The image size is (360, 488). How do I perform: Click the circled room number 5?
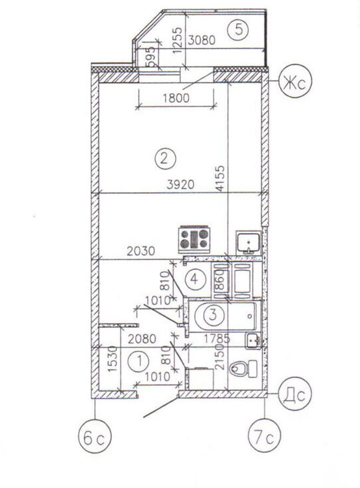[x=238, y=29]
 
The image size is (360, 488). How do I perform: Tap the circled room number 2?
[x=164, y=158]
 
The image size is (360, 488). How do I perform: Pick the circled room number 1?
[x=139, y=362]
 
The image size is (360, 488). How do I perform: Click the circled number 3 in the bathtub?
[x=213, y=315]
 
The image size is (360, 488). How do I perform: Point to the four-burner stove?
[x=194, y=238]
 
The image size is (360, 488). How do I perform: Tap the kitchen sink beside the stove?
[x=248, y=242]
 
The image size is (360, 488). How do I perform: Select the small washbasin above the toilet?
[x=253, y=340]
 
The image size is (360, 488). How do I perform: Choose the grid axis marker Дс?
[x=295, y=394]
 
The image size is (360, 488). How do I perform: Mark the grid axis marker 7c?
[x=264, y=435]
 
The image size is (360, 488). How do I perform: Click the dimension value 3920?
[x=180, y=185]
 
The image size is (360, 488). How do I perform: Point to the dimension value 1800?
[x=176, y=98]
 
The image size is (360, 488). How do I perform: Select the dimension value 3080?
[x=202, y=40]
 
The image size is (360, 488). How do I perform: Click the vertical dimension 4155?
[x=220, y=178]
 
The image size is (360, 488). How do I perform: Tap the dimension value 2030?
[x=140, y=251]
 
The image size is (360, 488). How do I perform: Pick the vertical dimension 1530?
[x=112, y=358]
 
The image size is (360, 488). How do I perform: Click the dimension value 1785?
[x=216, y=338]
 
